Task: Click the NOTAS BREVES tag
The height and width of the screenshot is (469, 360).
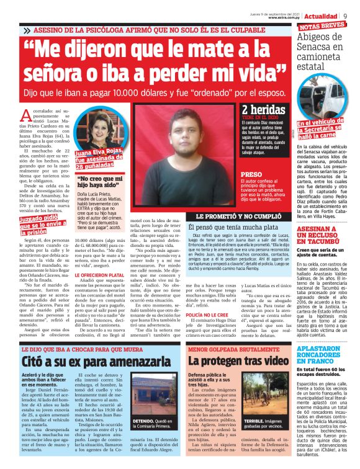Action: point(322,26)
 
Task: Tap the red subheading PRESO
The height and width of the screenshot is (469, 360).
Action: point(251,175)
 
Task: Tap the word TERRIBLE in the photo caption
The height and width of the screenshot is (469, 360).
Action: point(254,437)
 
